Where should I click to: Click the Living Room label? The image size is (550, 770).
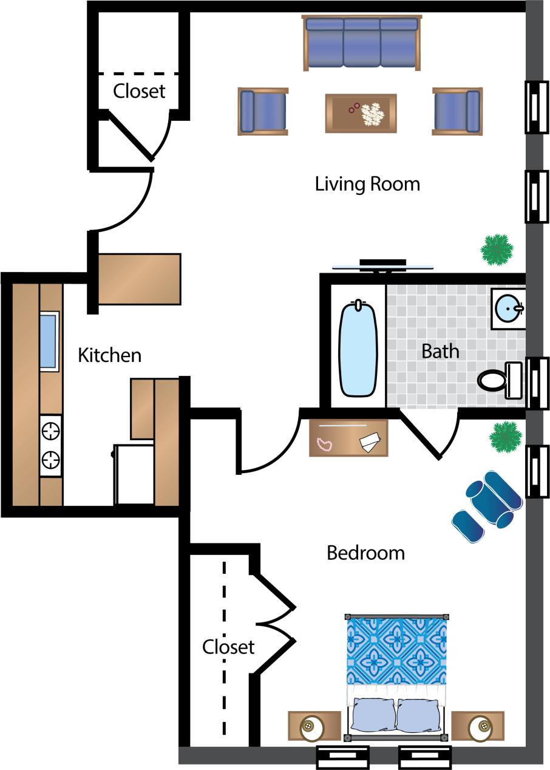click(x=367, y=183)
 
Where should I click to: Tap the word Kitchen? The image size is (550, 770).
click(x=109, y=355)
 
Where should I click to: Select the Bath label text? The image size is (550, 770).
click(x=440, y=351)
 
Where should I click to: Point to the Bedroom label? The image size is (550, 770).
click(x=365, y=553)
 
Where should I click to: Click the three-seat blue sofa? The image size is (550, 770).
click(x=362, y=43)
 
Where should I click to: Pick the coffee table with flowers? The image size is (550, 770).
click(x=361, y=113)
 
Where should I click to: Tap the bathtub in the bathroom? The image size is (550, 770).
click(x=358, y=349)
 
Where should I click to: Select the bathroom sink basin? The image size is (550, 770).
click(x=508, y=308)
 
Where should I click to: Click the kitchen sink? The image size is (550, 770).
click(x=49, y=341)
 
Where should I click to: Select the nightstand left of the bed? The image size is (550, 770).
click(x=314, y=726)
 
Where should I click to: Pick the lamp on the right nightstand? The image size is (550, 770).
click(x=480, y=726)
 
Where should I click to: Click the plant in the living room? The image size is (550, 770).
click(x=497, y=249)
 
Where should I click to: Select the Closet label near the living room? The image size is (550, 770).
click(x=139, y=91)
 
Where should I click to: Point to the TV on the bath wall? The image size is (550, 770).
click(x=382, y=265)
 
